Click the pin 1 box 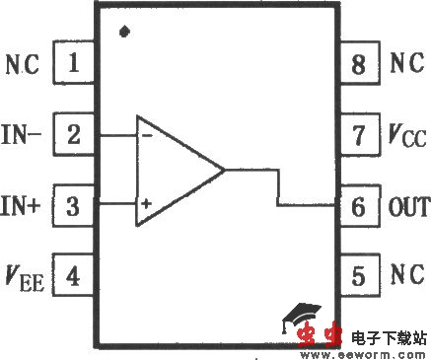click(73, 65)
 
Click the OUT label click(409, 206)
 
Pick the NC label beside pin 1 click(23, 66)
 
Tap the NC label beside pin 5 click(406, 273)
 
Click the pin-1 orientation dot click(123, 32)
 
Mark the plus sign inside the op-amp click(145, 205)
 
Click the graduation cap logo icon click(294, 319)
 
